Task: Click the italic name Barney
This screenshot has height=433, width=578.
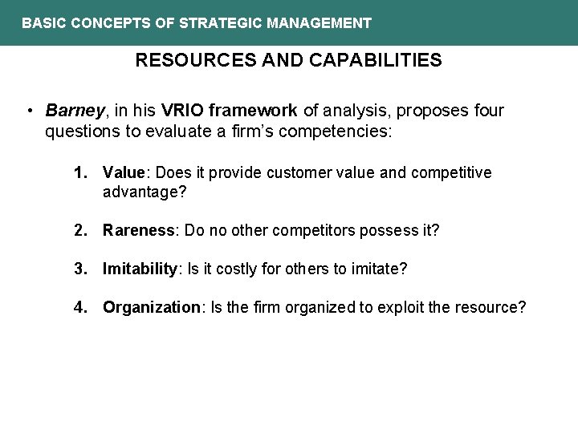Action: pyautogui.click(x=71, y=110)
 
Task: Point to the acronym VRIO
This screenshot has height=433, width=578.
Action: pyautogui.click(x=183, y=110)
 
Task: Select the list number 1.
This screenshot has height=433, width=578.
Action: pyautogui.click(x=79, y=172)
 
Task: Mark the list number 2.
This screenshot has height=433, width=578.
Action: pyautogui.click(x=79, y=230)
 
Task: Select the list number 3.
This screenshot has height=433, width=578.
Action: pyautogui.click(x=79, y=269)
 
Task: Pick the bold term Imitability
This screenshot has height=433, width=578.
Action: pyautogui.click(x=140, y=269)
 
